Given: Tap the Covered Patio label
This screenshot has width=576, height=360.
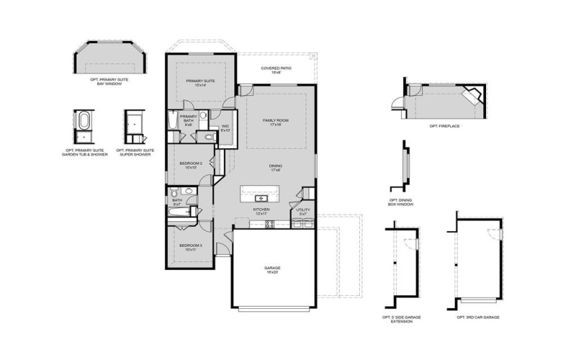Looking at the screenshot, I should point(275,71).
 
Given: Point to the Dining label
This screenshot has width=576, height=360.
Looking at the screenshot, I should point(275,168).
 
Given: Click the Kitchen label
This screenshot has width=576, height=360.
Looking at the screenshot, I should point(261,212).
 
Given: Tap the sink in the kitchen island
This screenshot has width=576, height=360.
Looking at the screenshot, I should point(261,197).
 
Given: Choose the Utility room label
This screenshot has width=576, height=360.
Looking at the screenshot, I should point(302,212).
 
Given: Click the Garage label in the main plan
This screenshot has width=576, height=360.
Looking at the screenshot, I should point(274,270).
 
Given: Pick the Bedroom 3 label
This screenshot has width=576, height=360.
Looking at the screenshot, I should point(191,247).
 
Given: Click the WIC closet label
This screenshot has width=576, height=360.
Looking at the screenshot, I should point(225,128).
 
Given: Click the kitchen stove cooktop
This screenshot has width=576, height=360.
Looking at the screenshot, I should point(270,224).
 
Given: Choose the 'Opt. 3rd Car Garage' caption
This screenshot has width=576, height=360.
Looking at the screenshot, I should point(477,318).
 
